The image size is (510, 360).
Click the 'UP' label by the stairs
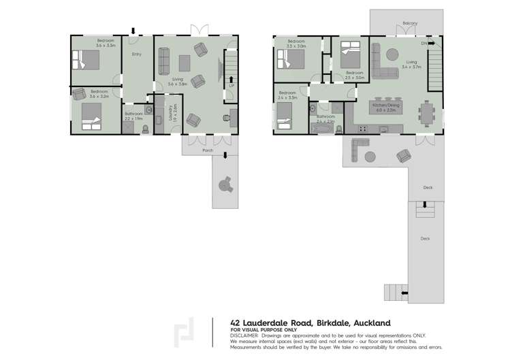[x=232, y=86]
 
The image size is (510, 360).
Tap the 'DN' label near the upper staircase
[x=424, y=44]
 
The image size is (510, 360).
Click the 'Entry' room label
[x=136, y=54]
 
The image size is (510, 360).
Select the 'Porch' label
[x=208, y=150]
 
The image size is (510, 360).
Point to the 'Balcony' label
[x=409, y=23]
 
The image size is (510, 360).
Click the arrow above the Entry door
[x=133, y=30]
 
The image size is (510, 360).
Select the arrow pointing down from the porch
[x=225, y=156]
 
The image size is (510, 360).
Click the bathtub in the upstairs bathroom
[x=322, y=127]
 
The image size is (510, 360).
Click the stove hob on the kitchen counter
[x=363, y=128]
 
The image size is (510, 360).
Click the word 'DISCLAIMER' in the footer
[x=244, y=336]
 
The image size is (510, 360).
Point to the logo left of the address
[x=184, y=333]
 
